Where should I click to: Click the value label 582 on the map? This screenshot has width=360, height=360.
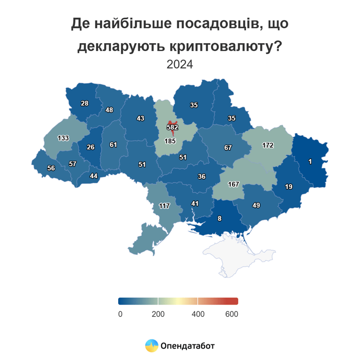[x=172, y=127]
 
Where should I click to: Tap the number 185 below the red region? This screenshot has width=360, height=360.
[x=170, y=141]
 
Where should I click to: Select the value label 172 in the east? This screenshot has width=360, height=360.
[x=267, y=145]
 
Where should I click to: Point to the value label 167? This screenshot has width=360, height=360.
[x=233, y=184]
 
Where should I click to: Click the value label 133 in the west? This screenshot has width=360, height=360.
[x=63, y=138]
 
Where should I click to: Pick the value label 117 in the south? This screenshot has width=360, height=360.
[x=164, y=206]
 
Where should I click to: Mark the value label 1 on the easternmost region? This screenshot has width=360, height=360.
[x=310, y=162]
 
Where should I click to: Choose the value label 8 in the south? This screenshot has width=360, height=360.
[x=219, y=218]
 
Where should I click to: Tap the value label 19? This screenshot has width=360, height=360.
[x=289, y=187]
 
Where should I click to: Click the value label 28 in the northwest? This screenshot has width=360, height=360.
[x=84, y=103]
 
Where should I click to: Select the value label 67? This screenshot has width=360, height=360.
[x=228, y=148]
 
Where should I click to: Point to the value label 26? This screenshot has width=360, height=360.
[x=90, y=147]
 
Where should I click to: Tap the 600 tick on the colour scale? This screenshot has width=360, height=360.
[x=232, y=314]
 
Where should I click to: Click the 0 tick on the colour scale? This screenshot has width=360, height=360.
[x=120, y=314]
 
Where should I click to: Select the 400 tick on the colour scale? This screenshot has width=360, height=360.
[x=198, y=314]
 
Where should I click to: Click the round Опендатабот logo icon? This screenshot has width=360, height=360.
[x=151, y=346]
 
